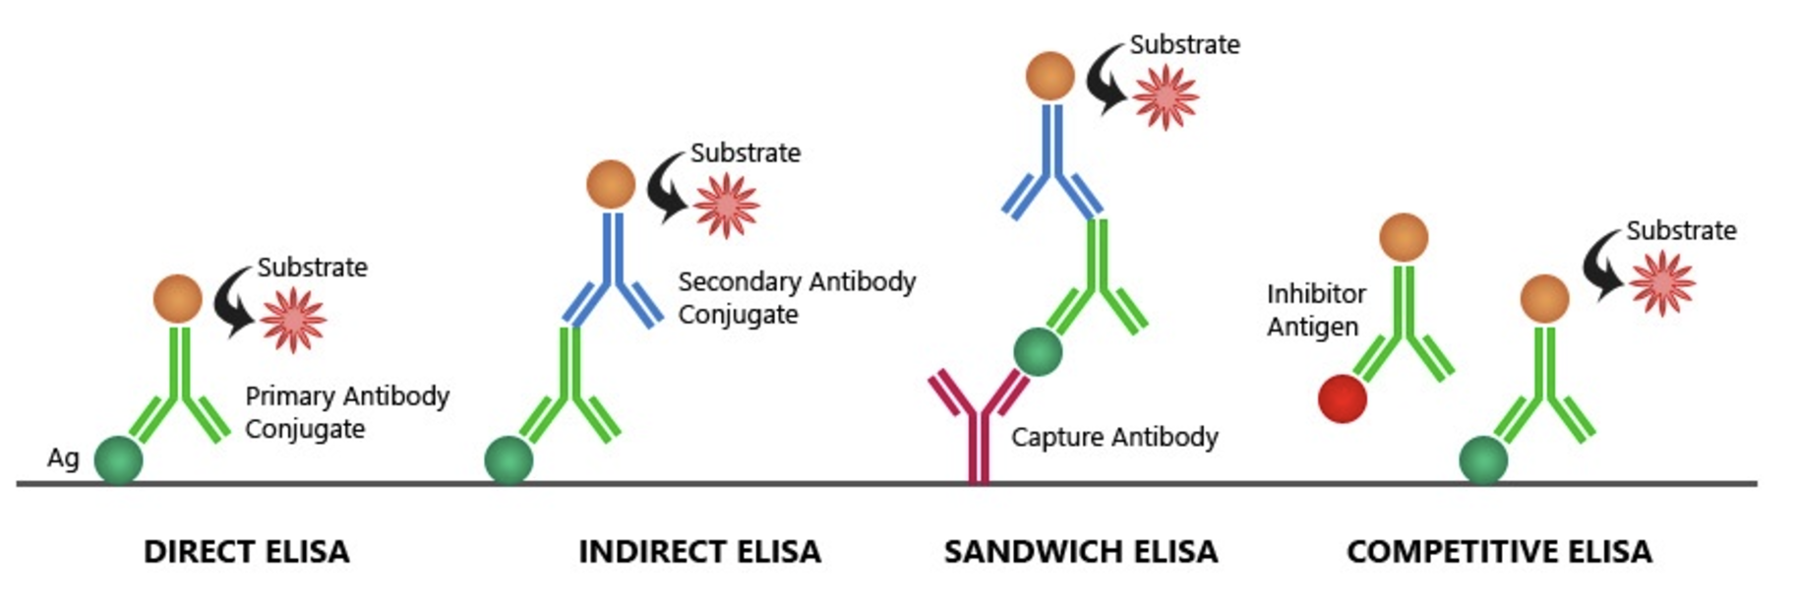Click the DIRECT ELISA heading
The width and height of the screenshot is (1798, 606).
click(247, 552)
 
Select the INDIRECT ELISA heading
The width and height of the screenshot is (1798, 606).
click(699, 552)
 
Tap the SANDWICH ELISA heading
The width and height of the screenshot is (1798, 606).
click(1081, 552)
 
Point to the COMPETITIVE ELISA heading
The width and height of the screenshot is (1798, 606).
click(1499, 552)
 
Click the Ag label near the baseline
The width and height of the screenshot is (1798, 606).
click(63, 458)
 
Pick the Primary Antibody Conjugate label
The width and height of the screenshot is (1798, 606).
click(346, 412)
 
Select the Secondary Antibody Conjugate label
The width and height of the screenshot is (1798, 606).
click(796, 297)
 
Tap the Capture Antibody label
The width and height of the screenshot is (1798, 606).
click(1114, 437)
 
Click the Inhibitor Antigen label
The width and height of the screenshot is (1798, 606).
click(1315, 310)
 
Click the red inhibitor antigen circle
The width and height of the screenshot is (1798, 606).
click(1343, 398)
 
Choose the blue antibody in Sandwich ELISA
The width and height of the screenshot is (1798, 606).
click(1052, 162)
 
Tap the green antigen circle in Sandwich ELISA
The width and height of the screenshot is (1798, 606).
click(1038, 352)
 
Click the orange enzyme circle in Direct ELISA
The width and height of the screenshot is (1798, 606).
click(178, 299)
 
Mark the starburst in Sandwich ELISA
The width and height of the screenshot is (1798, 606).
click(1166, 97)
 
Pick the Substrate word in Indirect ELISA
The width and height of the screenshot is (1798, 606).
click(745, 153)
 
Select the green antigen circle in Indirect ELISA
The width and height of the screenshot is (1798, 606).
click(509, 459)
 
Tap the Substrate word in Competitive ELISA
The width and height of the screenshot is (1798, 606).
click(1681, 231)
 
